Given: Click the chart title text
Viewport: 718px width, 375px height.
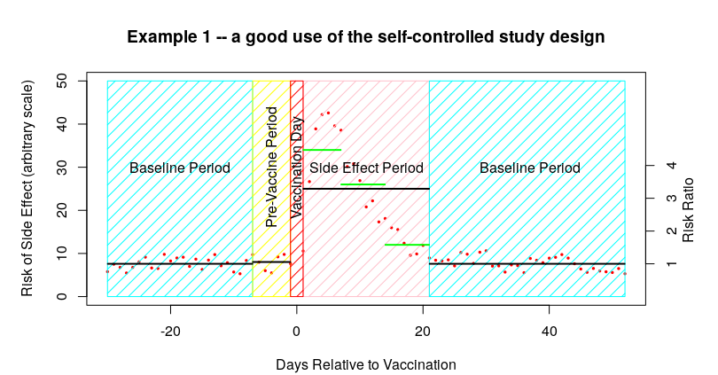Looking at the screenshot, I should click(x=366, y=37).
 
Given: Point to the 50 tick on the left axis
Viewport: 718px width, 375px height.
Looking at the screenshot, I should click(x=65, y=81).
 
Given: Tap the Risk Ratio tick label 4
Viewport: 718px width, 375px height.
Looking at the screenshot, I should click(x=672, y=165).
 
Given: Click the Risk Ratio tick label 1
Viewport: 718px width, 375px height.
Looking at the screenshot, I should click(x=672, y=264).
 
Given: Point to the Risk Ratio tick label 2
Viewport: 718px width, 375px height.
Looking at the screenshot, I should click(x=672, y=231).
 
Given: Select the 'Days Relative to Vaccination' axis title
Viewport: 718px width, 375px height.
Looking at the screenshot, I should click(x=366, y=364).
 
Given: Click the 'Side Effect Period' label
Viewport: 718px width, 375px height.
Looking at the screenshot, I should click(x=366, y=168).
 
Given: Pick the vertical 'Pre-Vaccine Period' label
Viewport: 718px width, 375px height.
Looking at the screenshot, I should click(x=272, y=167).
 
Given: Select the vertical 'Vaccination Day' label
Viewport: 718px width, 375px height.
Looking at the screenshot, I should click(x=298, y=167).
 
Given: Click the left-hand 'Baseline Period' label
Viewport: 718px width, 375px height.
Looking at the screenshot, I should click(x=180, y=168).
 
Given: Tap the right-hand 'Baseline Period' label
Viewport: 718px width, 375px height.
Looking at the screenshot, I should click(x=530, y=168).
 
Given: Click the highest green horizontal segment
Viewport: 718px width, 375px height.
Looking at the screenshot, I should click(x=322, y=150).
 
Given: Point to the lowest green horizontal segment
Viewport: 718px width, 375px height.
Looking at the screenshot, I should click(x=407, y=245).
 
